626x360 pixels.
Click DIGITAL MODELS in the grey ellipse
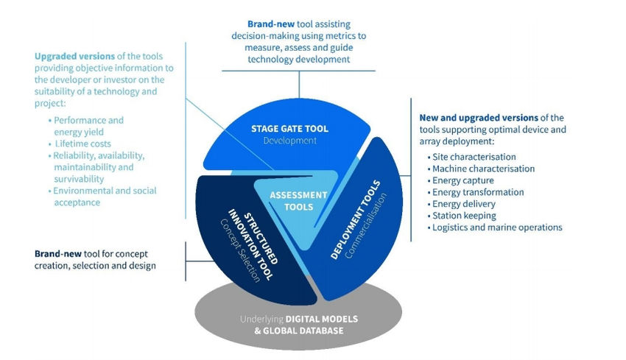point(322,319)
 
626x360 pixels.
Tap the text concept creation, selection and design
point(95,266)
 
